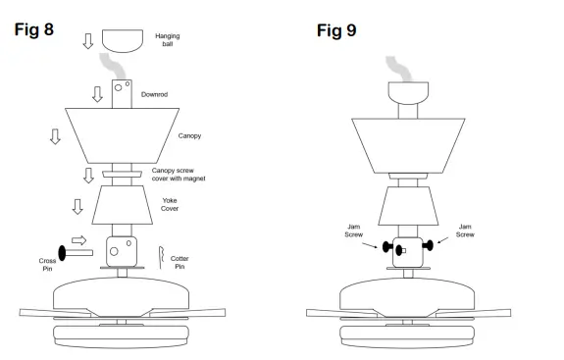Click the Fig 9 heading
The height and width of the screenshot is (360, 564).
point(336,29)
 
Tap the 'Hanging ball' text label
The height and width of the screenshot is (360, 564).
point(169,40)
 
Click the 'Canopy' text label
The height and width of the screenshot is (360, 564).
point(189,135)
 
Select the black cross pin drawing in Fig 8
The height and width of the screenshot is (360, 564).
point(75,251)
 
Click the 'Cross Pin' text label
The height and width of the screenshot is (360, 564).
point(48,266)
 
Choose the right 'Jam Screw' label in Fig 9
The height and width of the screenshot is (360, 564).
point(466,231)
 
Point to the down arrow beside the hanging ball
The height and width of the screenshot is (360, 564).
point(87,40)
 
